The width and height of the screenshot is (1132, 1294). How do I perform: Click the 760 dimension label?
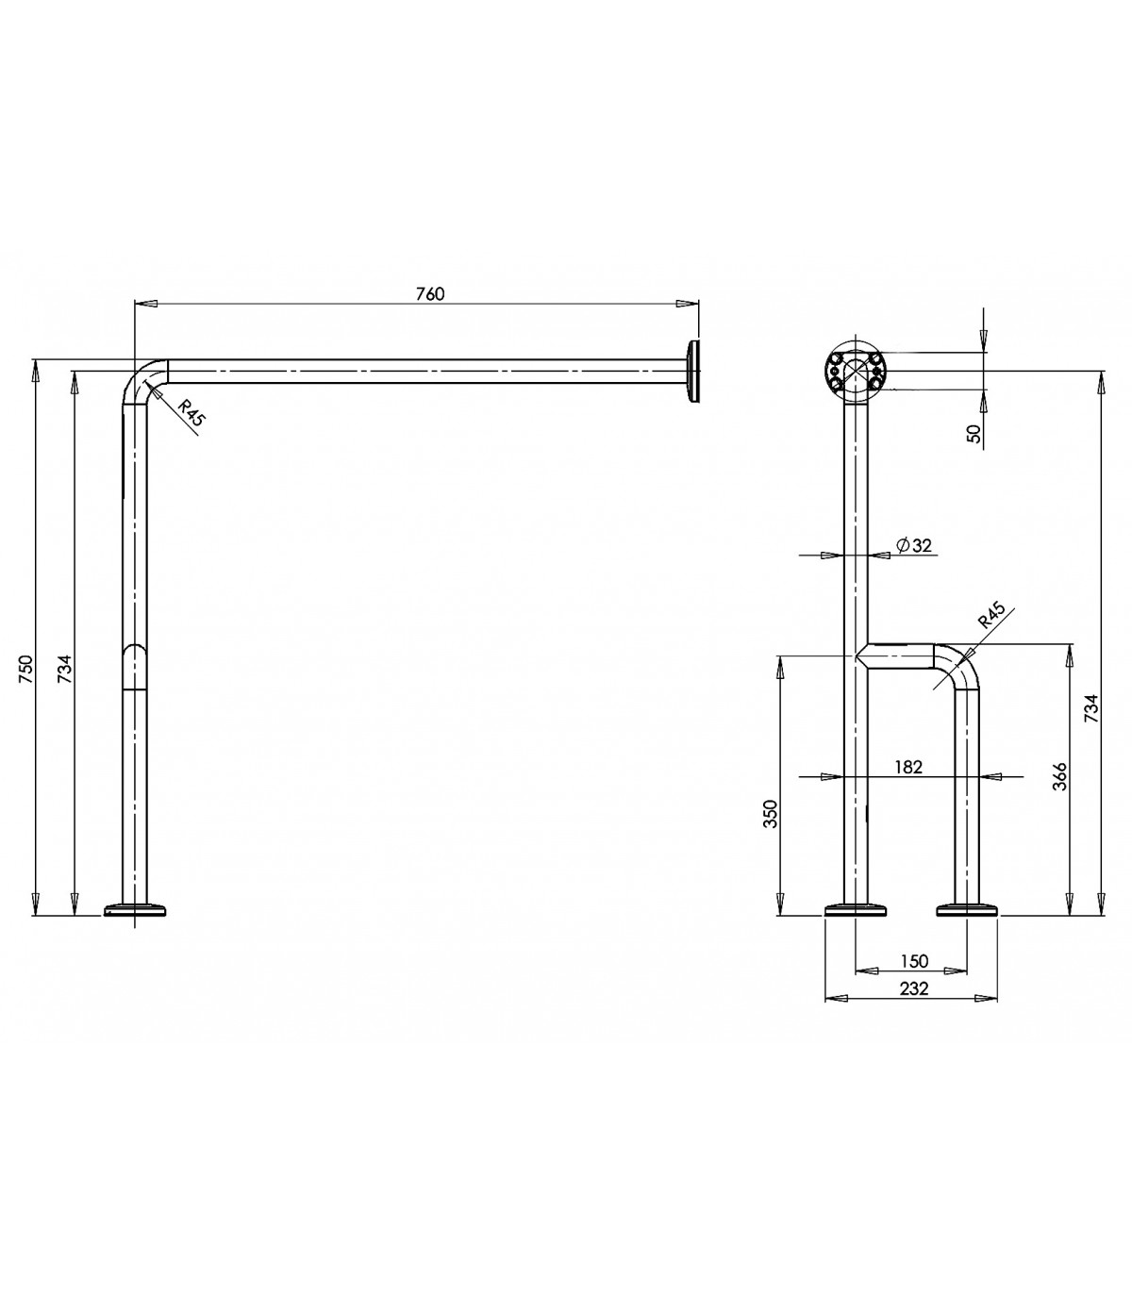click(430, 294)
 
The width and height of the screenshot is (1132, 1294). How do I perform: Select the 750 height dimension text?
click(25, 669)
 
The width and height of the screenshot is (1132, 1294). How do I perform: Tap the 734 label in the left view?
click(65, 669)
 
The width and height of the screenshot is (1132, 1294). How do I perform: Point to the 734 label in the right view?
click(1091, 708)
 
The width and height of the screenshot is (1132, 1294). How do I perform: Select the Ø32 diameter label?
click(914, 545)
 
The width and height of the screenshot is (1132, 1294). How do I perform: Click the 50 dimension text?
click(974, 433)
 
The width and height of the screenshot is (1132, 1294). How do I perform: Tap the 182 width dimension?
click(908, 767)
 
